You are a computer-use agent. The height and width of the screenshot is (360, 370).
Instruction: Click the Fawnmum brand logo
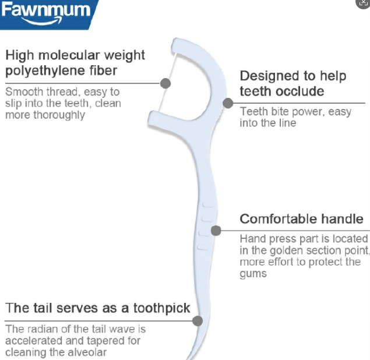tap(46, 13)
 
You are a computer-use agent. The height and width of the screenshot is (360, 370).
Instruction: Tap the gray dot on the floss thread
tap(165, 83)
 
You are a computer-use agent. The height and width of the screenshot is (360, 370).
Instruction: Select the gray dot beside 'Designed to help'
tap(228, 103)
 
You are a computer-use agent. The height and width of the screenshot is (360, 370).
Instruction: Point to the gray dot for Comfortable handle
tap(216, 231)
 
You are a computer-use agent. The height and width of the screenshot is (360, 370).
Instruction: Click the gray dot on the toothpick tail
tap(198, 321)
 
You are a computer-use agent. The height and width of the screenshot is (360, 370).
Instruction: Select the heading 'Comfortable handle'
tap(302, 219)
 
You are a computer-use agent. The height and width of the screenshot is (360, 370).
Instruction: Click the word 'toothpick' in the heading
tap(161, 308)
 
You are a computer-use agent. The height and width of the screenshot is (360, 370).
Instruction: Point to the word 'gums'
tap(253, 274)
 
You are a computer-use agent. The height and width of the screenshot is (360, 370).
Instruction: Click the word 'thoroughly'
tap(59, 115)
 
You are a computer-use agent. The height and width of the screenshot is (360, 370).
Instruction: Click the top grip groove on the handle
tap(208, 205)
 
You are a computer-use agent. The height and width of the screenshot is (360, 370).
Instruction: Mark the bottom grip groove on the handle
tap(203, 247)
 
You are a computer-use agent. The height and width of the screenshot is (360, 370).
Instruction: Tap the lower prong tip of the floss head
tap(151, 118)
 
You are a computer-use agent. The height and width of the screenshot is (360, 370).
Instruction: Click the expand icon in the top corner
tap(363, 3)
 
